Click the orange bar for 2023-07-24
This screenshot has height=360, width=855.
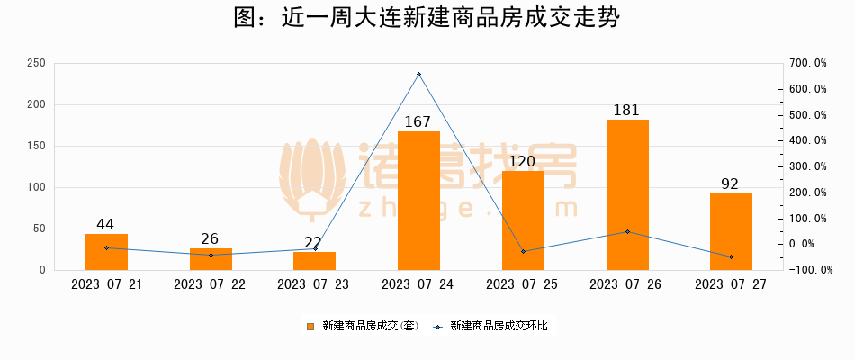click(418, 201)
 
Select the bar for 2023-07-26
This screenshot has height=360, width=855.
click(627, 194)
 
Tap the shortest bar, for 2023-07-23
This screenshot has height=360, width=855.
click(314, 261)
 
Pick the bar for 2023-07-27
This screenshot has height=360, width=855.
click(731, 231)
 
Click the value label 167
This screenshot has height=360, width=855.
click(418, 121)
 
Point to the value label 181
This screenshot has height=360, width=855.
click(626, 110)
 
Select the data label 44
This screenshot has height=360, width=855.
click(105, 224)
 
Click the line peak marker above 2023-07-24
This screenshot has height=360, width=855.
click(418, 74)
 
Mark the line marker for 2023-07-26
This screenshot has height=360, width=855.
click(627, 231)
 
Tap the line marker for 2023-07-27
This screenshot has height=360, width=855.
click(731, 256)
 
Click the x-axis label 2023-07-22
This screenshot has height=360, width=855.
click(210, 283)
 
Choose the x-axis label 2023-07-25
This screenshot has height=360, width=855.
click(522, 283)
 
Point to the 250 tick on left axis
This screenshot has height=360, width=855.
click(37, 63)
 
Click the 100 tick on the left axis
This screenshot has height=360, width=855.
click(37, 187)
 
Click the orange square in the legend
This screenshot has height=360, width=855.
click(310, 326)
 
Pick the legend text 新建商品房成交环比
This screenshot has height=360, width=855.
click(498, 326)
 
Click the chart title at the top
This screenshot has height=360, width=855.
click(427, 19)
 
